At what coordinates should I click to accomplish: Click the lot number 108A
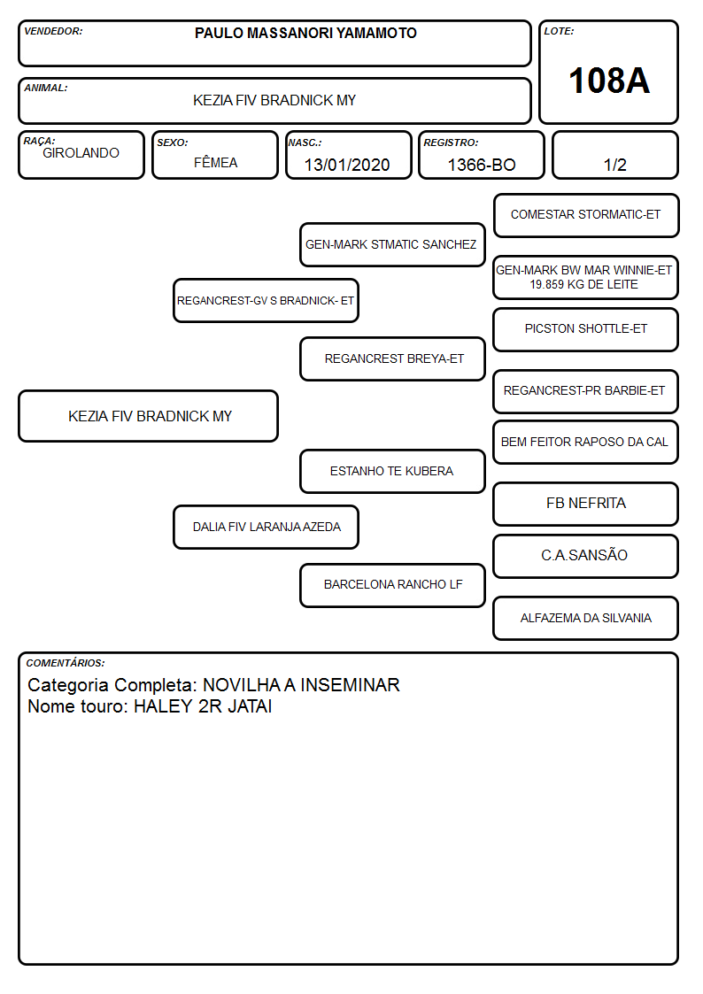point(609,81)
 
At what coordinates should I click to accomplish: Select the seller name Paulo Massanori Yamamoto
point(305,33)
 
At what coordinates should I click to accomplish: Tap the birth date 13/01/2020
point(347,165)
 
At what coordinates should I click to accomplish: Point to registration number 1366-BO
point(482,165)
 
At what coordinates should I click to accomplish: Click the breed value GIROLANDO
point(81,153)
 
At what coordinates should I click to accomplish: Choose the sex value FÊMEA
point(215,163)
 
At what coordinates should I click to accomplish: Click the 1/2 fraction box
point(614,155)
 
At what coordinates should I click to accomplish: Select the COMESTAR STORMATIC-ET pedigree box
point(586,216)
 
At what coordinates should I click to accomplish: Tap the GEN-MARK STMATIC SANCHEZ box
point(392,244)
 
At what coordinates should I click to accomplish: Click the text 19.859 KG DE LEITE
point(583,285)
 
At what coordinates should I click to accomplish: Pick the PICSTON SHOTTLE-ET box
point(586,329)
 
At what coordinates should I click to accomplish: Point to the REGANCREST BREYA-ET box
point(392,358)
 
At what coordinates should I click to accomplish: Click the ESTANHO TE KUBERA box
point(392,471)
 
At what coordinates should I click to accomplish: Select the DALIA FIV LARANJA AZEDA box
point(267,527)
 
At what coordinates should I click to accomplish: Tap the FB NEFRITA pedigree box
point(586,504)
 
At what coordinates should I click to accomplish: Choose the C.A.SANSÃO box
point(586,556)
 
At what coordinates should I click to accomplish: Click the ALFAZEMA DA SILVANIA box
point(586,618)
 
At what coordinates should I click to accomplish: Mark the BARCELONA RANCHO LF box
point(392,585)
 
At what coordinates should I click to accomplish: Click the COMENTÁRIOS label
point(66,663)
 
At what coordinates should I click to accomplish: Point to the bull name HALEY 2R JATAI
point(203,706)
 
